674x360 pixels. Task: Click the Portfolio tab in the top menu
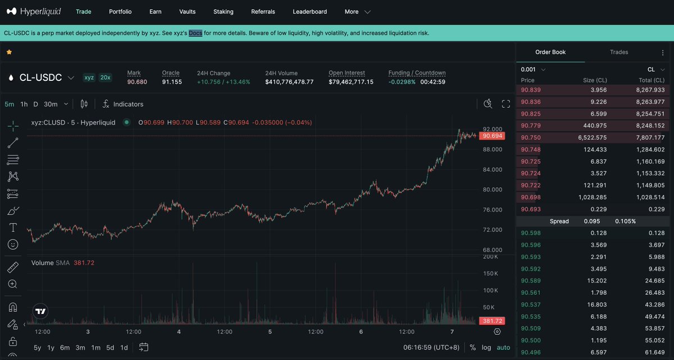(x=120, y=11)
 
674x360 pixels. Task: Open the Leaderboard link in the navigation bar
(x=309, y=11)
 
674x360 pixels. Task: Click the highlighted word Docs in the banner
(x=195, y=33)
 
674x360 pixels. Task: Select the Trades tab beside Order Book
(x=619, y=52)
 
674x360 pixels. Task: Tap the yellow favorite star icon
(x=9, y=52)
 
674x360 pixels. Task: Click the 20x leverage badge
(x=105, y=78)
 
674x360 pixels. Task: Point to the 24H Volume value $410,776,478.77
(x=289, y=82)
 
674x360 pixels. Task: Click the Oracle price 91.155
(x=172, y=82)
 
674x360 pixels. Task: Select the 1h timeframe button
(x=24, y=104)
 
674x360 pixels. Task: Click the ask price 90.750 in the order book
(x=531, y=138)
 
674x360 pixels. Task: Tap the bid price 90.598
(x=531, y=233)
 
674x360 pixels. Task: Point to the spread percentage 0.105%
(x=625, y=221)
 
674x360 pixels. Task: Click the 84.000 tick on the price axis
(x=493, y=170)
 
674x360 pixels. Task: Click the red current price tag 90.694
(x=492, y=136)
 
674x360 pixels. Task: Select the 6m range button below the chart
(x=65, y=348)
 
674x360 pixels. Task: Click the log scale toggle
(x=486, y=348)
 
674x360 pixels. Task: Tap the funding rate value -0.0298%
(x=402, y=82)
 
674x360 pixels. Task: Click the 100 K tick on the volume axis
(x=491, y=290)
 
